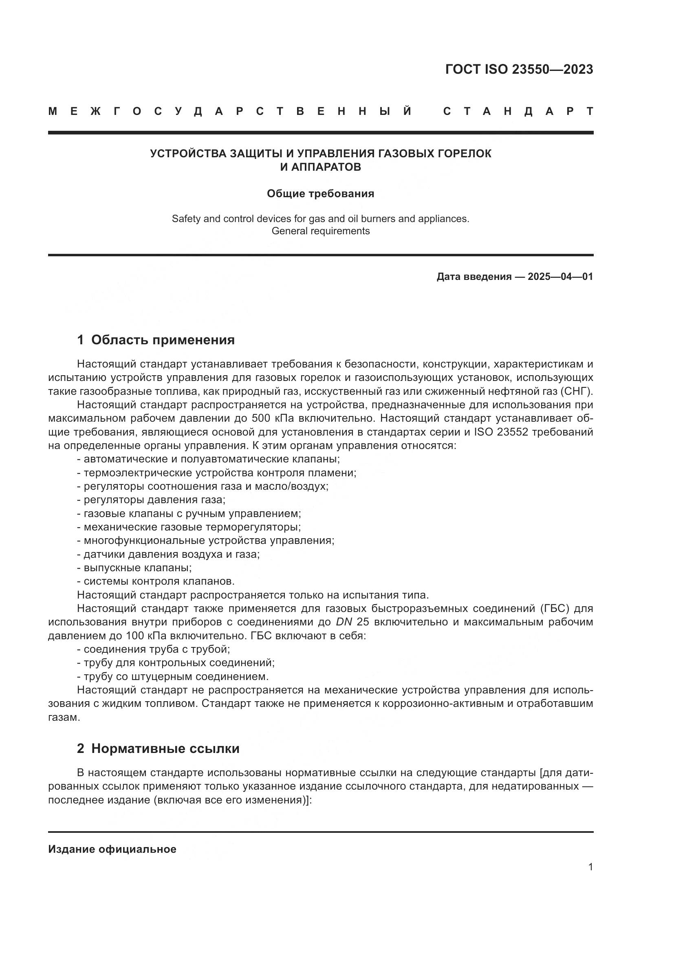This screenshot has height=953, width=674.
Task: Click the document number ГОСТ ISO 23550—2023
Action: click(x=519, y=69)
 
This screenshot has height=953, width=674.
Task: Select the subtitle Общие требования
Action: click(x=320, y=194)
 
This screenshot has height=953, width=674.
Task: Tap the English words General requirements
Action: click(x=320, y=231)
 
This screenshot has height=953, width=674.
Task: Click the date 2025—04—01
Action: click(x=560, y=277)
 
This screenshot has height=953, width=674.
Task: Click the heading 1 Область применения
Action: click(x=156, y=340)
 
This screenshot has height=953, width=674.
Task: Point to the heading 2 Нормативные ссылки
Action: click(x=158, y=748)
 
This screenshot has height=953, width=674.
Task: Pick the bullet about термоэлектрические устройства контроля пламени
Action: click(x=217, y=473)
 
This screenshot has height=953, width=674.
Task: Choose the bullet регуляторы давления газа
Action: click(x=151, y=500)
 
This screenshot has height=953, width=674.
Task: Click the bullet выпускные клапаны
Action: click(x=134, y=568)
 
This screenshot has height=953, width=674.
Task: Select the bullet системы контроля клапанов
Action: click(x=156, y=581)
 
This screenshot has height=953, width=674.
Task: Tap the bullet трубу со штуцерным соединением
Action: click(x=173, y=677)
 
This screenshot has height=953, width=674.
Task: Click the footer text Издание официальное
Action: click(x=112, y=849)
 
